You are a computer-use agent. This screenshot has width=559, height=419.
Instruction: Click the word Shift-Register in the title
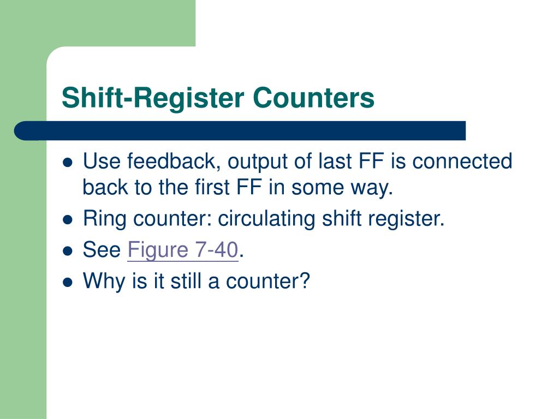[x=152, y=98]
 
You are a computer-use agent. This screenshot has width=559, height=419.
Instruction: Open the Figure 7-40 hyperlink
[x=183, y=250]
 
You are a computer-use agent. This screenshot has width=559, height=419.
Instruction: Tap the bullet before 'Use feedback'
[x=68, y=163]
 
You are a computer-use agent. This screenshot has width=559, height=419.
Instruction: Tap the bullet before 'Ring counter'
[x=68, y=220]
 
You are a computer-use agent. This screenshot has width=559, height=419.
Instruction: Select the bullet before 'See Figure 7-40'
[x=68, y=251]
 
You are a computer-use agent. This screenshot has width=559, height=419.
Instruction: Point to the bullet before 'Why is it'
[x=68, y=282]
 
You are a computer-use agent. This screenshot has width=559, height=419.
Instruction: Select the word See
[x=101, y=250]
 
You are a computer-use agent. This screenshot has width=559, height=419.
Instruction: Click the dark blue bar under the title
[x=240, y=131]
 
